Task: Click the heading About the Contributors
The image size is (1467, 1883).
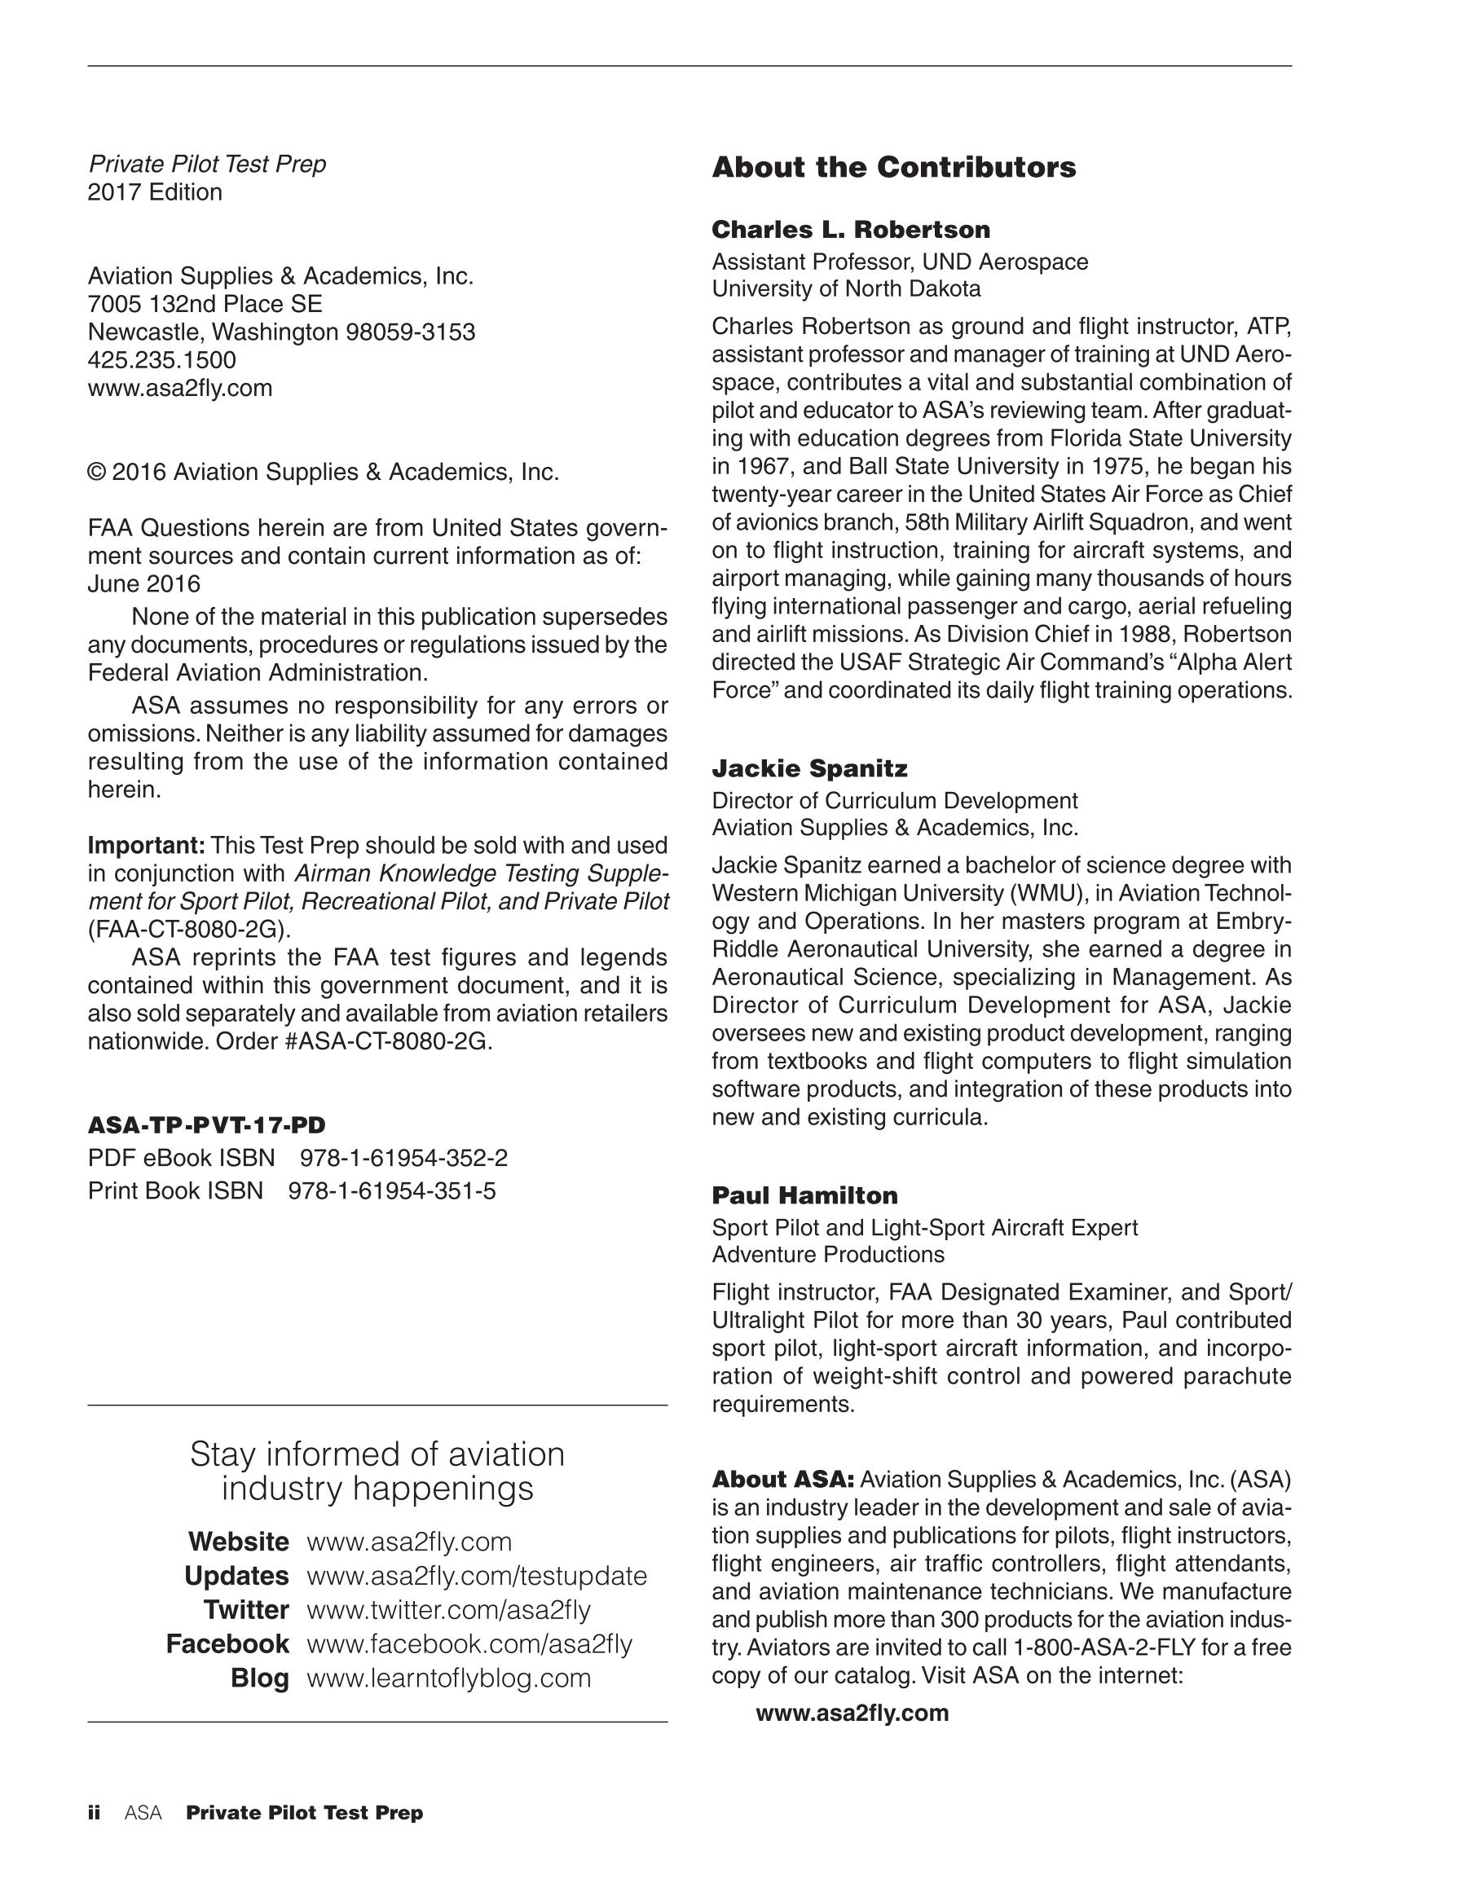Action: point(893,167)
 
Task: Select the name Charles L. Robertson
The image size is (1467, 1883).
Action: point(850,229)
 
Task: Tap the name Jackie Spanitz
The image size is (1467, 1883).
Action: point(809,768)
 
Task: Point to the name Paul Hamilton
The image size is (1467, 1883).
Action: point(804,1195)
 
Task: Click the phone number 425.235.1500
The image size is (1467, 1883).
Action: point(162,359)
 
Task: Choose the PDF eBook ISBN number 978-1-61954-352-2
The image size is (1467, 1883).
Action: point(403,1158)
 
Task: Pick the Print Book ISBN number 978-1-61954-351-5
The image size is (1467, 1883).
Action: point(391,1190)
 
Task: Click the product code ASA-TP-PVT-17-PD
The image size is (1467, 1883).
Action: point(207,1125)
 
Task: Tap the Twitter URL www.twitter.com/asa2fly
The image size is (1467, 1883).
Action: point(448,1610)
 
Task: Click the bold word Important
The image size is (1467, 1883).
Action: point(146,845)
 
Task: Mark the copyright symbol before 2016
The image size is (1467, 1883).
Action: point(97,473)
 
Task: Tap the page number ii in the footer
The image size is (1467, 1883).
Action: point(94,1812)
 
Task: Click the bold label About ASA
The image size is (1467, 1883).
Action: point(782,1480)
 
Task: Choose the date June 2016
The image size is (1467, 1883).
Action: point(144,584)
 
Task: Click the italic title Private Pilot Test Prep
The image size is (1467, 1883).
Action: point(207,164)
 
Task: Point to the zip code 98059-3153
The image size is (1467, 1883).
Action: point(410,332)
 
